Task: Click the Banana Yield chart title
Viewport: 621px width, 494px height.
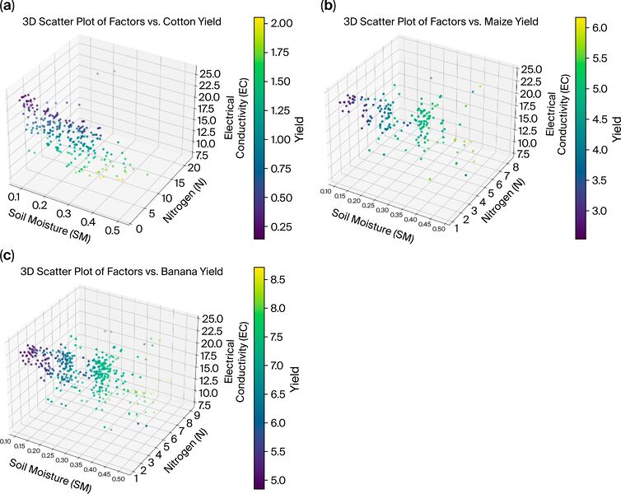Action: coord(122,270)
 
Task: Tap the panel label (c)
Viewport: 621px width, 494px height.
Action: coord(10,254)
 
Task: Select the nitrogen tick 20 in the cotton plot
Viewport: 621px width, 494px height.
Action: coord(193,167)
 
